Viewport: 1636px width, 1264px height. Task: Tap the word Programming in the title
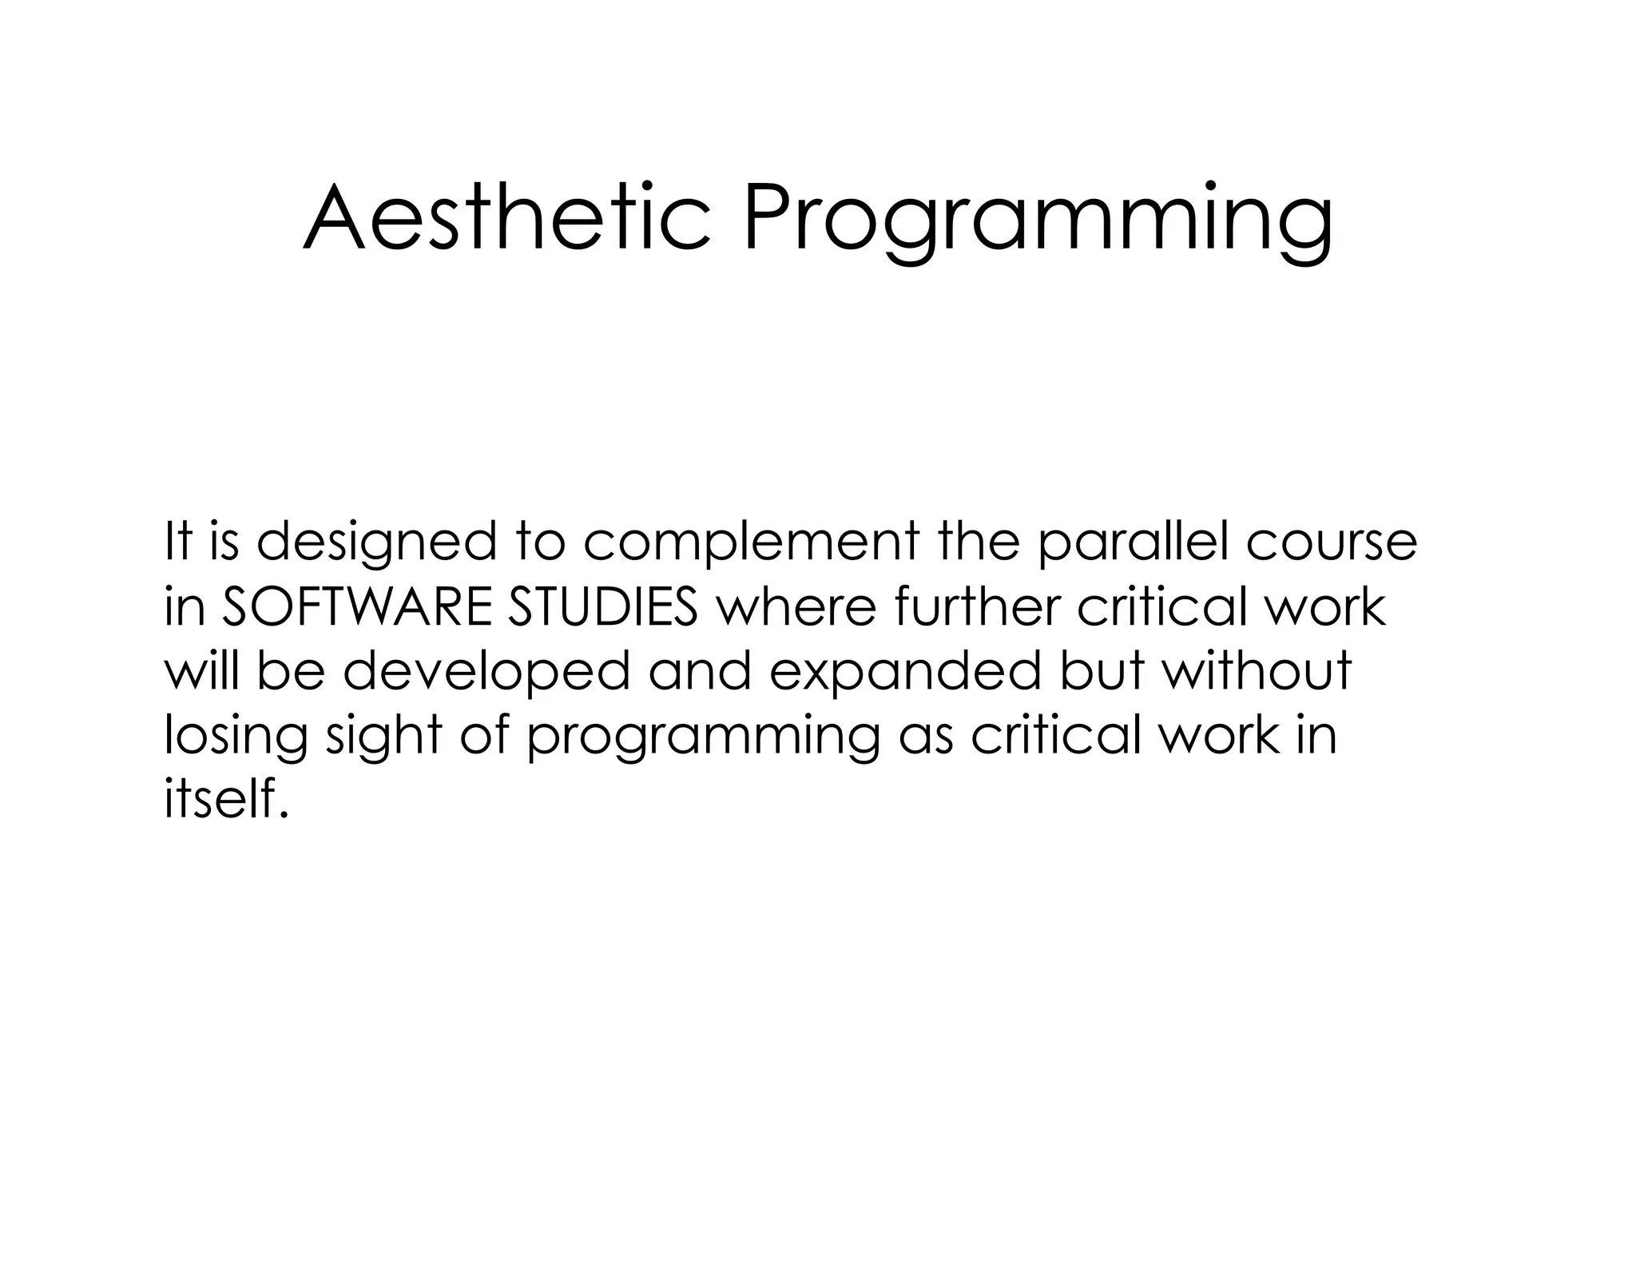click(1038, 222)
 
